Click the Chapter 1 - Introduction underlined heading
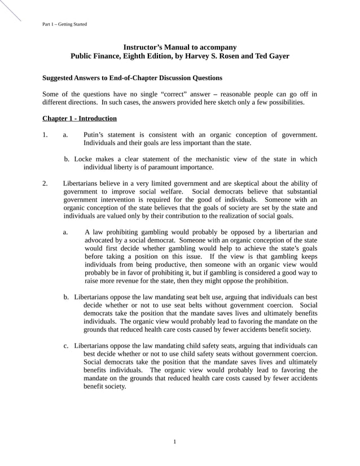tap(80, 118)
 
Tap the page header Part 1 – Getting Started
tap(64, 24)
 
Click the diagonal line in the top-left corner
tap(10, 10)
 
